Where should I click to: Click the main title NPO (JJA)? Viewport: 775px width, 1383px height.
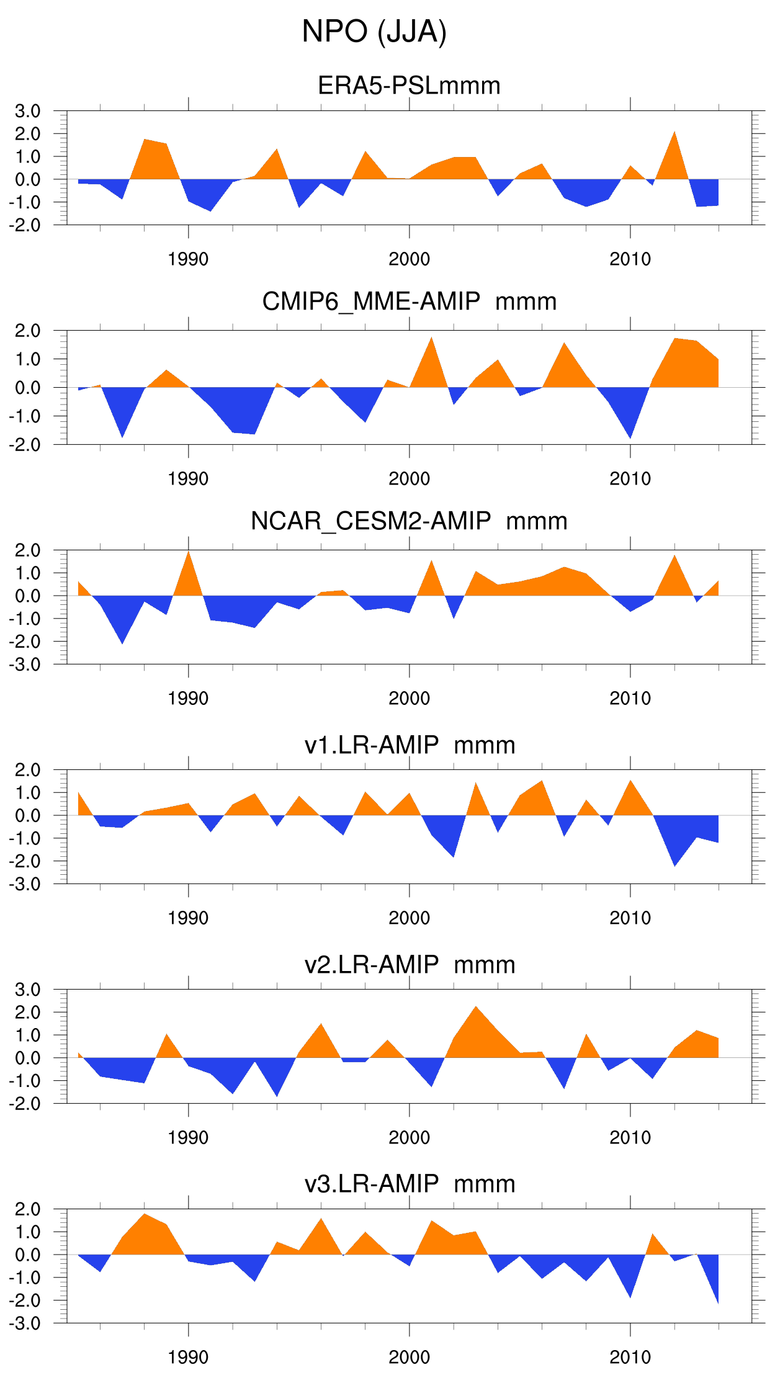[374, 32]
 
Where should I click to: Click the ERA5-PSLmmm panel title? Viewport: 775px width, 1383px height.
[409, 86]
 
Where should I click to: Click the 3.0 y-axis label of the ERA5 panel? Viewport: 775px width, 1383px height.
[28, 111]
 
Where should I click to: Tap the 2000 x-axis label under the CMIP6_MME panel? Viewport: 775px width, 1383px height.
[409, 479]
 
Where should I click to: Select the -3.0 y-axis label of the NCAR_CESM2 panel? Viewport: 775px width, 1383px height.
[25, 665]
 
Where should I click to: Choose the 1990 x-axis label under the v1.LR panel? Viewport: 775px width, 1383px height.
[188, 918]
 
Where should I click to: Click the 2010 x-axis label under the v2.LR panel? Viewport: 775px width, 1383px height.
[630, 1138]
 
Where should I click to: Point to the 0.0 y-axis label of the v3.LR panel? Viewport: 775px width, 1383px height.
[28, 1255]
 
